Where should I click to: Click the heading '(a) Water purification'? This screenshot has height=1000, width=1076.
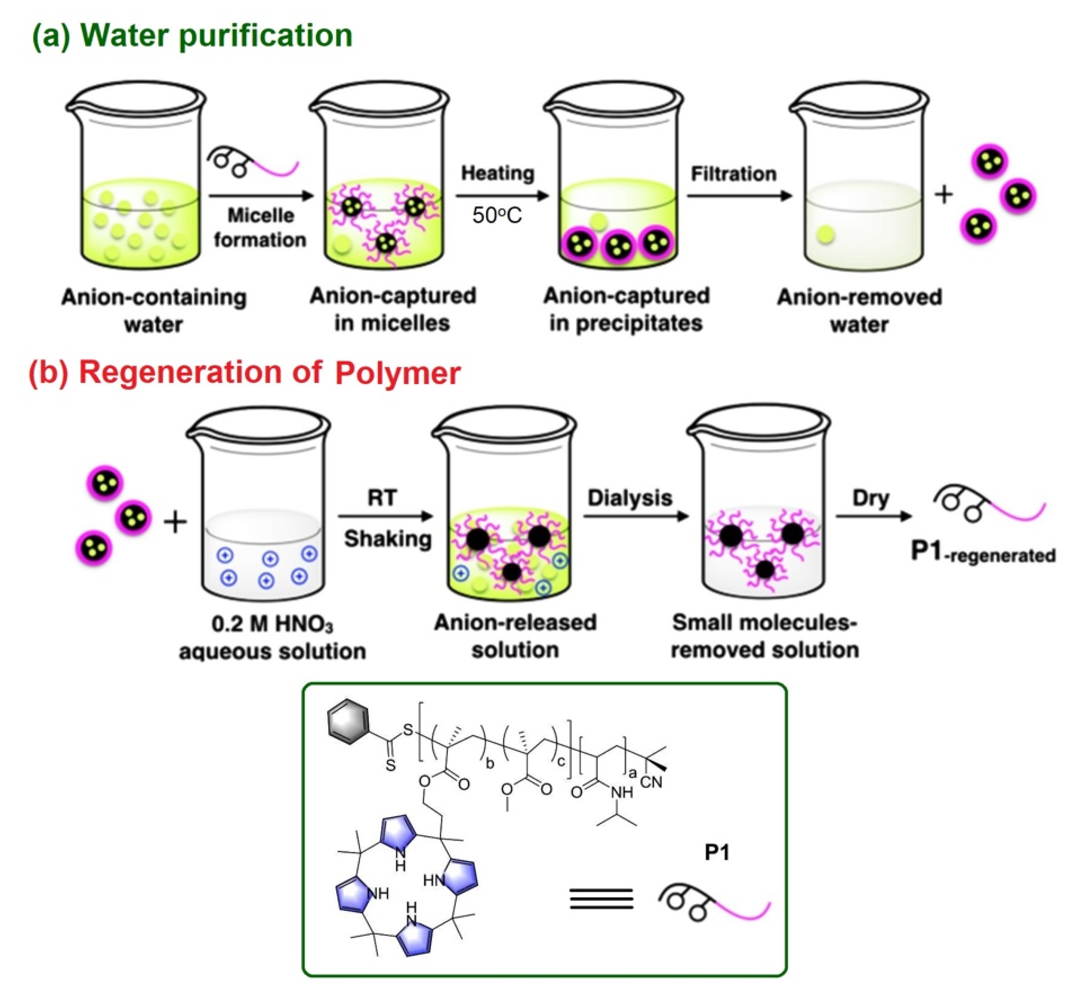(192, 36)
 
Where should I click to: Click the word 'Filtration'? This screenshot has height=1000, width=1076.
(734, 174)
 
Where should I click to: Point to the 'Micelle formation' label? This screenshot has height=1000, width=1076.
(260, 227)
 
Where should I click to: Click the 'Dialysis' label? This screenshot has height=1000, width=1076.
(630, 498)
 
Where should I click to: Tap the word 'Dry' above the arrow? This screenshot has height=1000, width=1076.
(870, 498)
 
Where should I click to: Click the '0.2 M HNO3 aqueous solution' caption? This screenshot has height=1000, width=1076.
(272, 637)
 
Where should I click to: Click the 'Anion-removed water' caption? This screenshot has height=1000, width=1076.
(859, 311)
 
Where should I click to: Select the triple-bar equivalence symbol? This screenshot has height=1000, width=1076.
(601, 899)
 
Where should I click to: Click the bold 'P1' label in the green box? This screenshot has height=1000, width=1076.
(718, 853)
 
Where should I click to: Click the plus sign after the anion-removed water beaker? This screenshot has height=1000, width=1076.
(944, 194)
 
